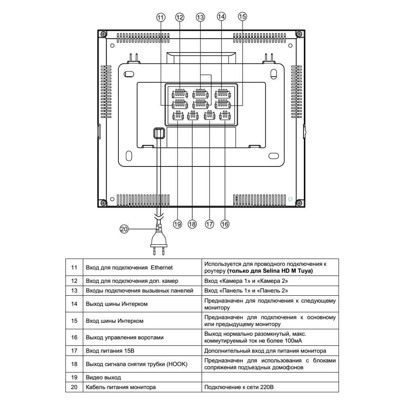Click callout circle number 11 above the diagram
[161, 17]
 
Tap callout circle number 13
[200, 17]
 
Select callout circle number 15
[242, 17]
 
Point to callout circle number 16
[225, 224]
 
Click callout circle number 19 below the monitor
[177, 224]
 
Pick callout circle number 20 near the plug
[124, 229]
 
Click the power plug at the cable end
[158, 240]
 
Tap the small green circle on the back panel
[290, 199]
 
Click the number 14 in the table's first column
[74, 304]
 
